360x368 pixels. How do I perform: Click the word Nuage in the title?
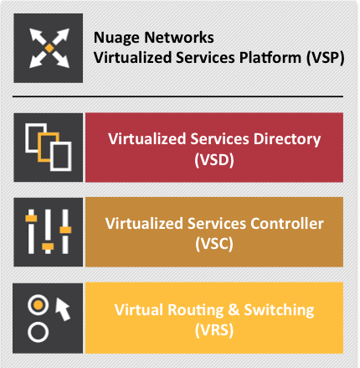pyautogui.click(x=116, y=38)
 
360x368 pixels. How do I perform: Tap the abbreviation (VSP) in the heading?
pyautogui.click(x=325, y=58)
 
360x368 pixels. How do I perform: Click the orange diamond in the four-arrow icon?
pyautogui.click(x=49, y=48)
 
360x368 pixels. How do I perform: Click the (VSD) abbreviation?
pyautogui.click(x=214, y=160)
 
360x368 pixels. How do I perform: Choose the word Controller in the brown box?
pyautogui.click(x=287, y=224)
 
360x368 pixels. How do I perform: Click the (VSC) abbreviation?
pyautogui.click(x=214, y=244)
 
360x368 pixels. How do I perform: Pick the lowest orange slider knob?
pyautogui.click(x=48, y=246)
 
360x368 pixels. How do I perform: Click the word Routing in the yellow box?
pyautogui.click(x=196, y=310)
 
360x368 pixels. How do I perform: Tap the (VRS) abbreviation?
pyautogui.click(x=214, y=330)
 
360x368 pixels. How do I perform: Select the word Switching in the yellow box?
pyautogui.click(x=279, y=310)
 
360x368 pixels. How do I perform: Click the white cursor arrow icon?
pyautogui.click(x=63, y=308)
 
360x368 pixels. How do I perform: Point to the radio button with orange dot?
pyautogui.click(x=39, y=305)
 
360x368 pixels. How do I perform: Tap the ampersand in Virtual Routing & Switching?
pyautogui.click(x=234, y=310)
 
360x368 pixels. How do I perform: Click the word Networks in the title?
pyautogui.click(x=179, y=38)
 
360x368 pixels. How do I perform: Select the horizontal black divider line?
pyautogui.click(x=177, y=96)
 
